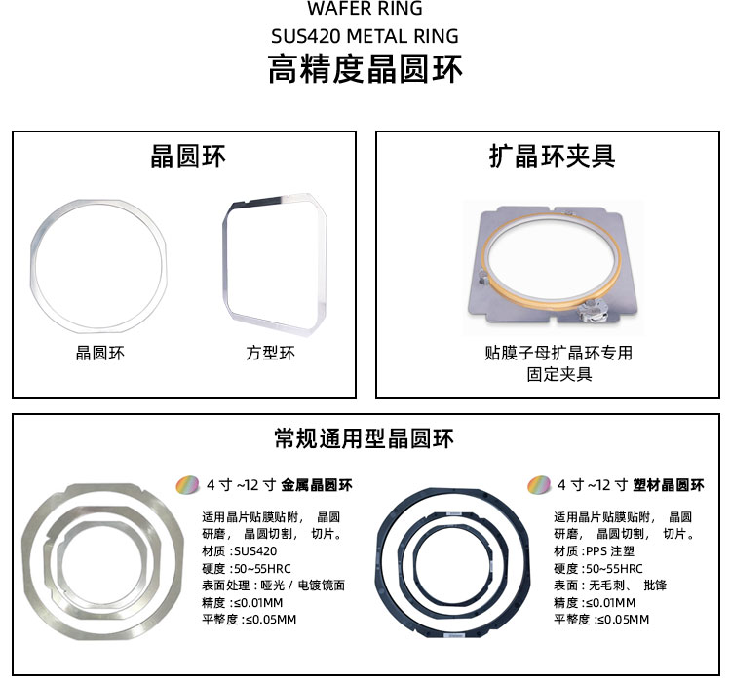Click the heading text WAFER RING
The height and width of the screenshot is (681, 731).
coord(365,8)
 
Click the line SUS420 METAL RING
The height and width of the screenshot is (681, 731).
coord(365,36)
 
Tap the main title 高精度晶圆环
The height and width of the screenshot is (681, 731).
coord(365,69)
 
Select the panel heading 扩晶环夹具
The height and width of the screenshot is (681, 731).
coord(552,156)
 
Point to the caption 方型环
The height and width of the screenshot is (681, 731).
coord(270,353)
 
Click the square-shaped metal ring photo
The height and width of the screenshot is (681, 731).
coord(226,261)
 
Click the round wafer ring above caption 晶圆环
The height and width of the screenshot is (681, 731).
coord(33,266)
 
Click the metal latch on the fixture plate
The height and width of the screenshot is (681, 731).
coord(592,311)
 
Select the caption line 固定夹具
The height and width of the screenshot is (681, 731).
coord(559,374)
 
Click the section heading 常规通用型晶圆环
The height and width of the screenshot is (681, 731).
coord(365,438)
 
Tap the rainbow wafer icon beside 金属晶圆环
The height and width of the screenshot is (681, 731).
coord(187,485)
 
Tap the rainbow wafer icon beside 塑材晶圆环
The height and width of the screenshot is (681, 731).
coord(539,485)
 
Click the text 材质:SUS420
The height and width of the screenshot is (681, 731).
coord(239,551)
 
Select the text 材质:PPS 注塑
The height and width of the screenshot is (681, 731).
coord(594,551)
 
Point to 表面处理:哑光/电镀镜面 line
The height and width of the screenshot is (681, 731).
coord(273,585)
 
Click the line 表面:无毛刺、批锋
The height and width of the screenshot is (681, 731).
coord(610,585)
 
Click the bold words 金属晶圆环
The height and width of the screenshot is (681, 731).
coord(317,485)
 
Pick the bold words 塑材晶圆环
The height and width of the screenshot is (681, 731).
coord(669,485)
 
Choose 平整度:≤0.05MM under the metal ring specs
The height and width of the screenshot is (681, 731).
coord(249,620)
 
